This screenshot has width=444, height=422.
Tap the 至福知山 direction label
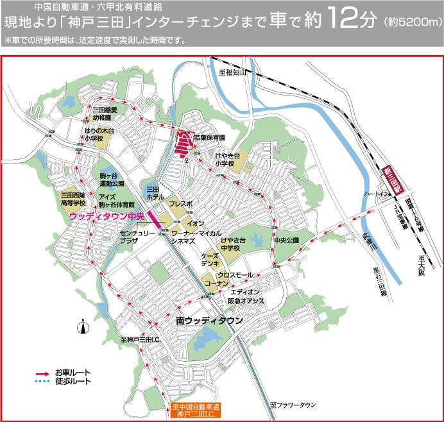point(233,73)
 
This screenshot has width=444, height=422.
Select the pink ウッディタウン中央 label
point(106,216)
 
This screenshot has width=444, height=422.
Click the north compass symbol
point(82,329)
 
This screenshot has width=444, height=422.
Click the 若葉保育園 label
point(209,137)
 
